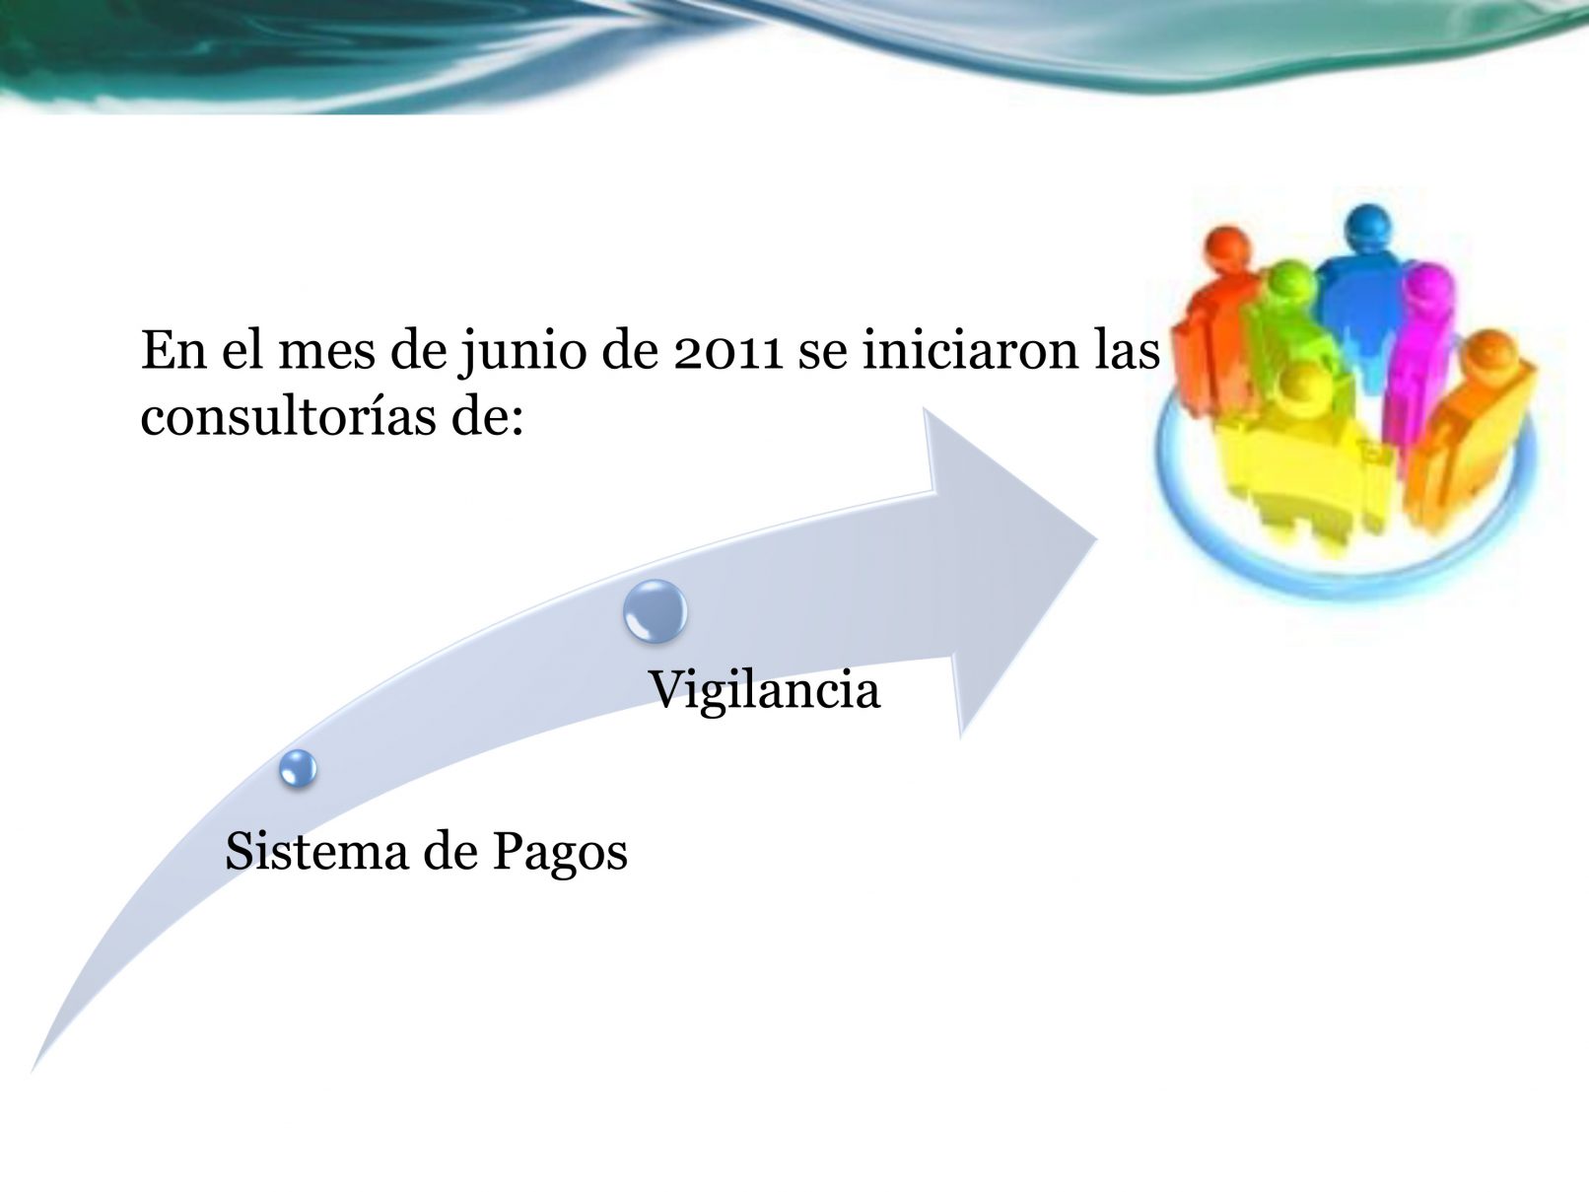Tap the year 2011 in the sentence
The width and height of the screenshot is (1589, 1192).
coord(727,352)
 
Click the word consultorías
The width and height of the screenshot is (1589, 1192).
coord(288,417)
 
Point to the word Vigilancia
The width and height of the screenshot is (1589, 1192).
coord(765,691)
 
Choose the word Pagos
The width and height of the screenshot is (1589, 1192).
coord(560,855)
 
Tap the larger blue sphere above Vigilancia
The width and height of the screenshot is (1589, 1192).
coord(656,611)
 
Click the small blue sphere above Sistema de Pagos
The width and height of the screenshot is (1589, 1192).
coord(299,768)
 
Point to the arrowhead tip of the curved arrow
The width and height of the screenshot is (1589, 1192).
coord(1097,539)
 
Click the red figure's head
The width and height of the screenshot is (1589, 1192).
coord(1227,249)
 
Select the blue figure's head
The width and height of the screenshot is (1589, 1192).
coord(1368,227)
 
